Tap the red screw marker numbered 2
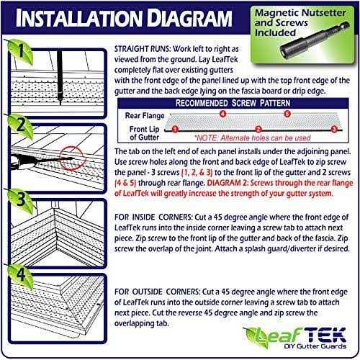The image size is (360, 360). (257, 129)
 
